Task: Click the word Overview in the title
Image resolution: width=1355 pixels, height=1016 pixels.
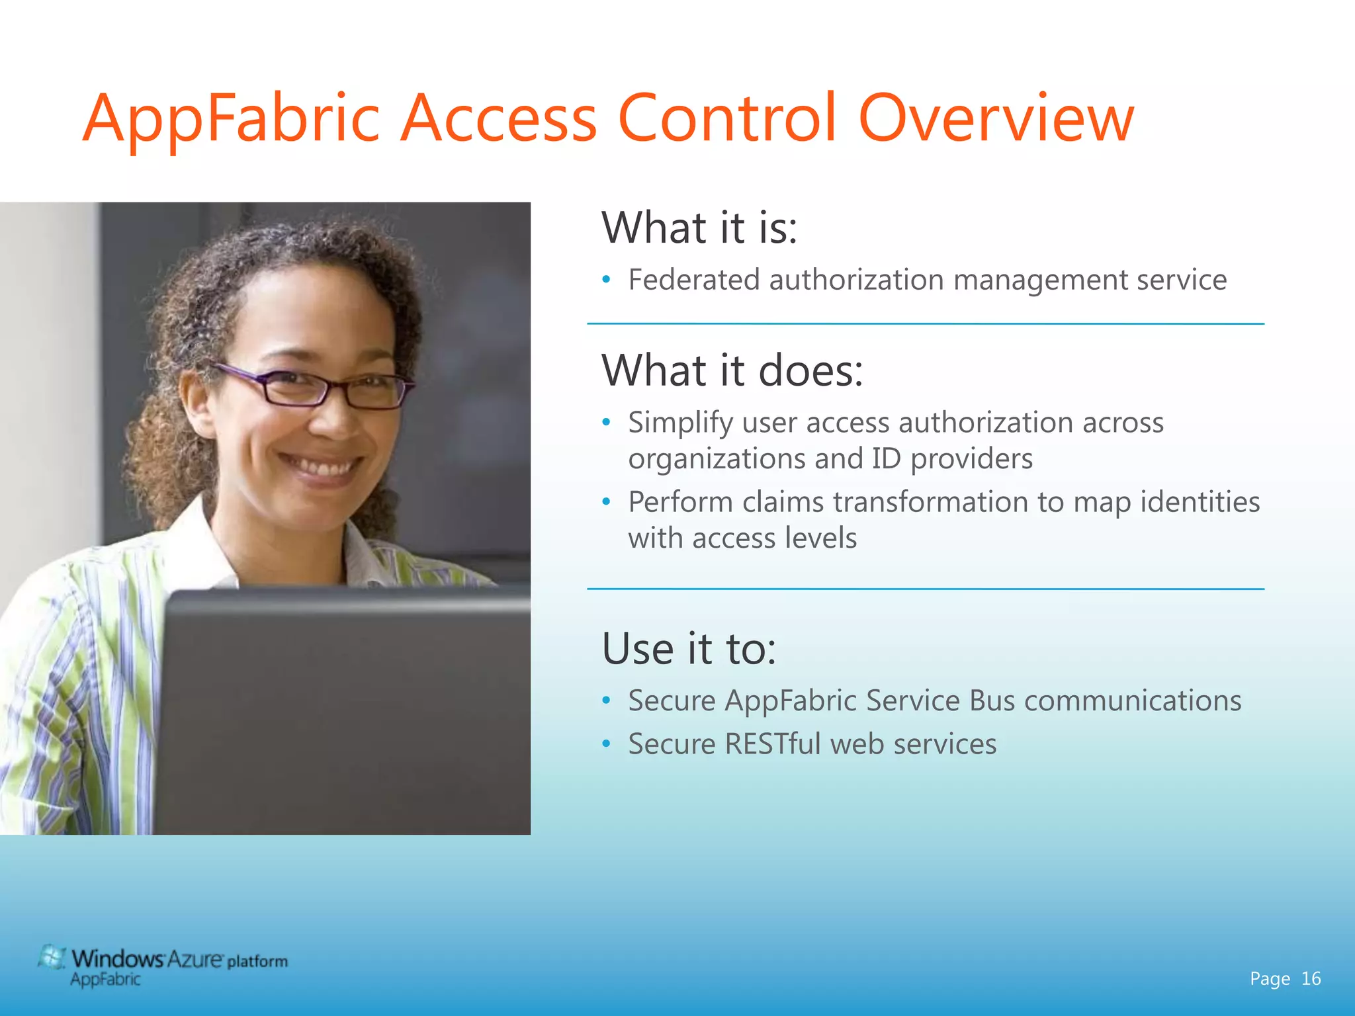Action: coord(996,119)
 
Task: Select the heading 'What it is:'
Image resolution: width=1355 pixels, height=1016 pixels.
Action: coord(699,228)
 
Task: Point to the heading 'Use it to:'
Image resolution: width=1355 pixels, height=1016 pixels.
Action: coord(689,649)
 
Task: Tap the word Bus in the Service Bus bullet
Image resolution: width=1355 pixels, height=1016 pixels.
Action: coord(992,701)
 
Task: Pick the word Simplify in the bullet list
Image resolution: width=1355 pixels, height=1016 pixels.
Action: coord(680,423)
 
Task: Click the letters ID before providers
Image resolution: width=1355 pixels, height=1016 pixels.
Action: coord(886,459)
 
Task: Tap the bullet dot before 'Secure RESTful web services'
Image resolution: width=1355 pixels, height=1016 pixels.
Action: coord(606,744)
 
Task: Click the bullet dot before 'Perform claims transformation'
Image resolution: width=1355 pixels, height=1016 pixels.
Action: coord(606,502)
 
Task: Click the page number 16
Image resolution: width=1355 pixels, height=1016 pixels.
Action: coord(1311,978)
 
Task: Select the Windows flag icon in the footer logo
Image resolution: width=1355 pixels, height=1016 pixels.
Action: coord(52,957)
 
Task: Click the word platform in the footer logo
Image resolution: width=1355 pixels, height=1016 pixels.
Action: coord(257,961)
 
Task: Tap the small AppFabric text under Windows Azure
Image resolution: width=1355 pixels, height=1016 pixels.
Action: coord(105,980)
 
